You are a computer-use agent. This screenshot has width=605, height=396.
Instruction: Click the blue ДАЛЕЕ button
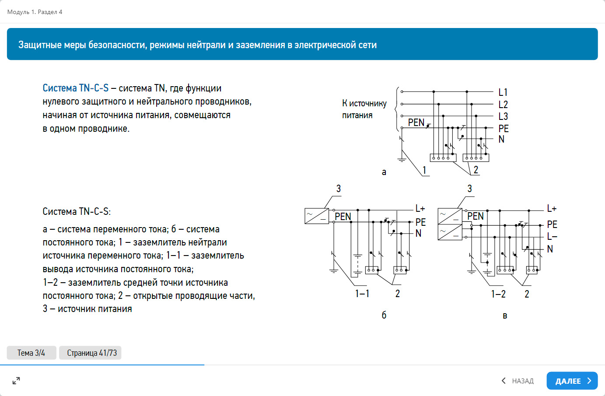(572, 381)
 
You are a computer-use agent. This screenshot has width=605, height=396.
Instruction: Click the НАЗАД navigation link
(518, 381)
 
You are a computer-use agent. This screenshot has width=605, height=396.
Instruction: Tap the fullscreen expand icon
(16, 381)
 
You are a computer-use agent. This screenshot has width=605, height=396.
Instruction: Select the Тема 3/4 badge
(31, 353)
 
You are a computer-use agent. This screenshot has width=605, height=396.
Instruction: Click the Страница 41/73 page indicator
(92, 353)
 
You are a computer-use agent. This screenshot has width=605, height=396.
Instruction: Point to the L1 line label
(503, 92)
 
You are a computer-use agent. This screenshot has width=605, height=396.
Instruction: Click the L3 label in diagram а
(503, 116)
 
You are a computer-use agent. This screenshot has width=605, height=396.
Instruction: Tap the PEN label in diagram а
(416, 123)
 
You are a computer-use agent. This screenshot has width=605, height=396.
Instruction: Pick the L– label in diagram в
(552, 237)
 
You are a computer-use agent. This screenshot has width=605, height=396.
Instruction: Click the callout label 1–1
(362, 294)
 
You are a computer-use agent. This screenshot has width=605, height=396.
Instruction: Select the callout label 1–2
(498, 294)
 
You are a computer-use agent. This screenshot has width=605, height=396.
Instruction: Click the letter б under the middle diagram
(384, 315)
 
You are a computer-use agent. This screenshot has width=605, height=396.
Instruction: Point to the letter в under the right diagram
(505, 316)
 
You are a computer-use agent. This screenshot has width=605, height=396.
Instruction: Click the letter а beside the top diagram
(384, 172)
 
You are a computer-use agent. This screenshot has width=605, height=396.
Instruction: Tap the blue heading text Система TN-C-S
(76, 88)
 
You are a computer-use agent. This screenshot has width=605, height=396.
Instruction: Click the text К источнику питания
(364, 109)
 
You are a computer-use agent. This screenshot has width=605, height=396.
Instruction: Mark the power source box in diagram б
(316, 216)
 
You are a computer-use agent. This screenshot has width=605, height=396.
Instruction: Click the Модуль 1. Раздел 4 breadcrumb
(35, 12)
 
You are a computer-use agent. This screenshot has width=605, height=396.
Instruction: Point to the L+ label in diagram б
(420, 209)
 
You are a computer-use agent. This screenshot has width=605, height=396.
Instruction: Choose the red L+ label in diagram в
(552, 209)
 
